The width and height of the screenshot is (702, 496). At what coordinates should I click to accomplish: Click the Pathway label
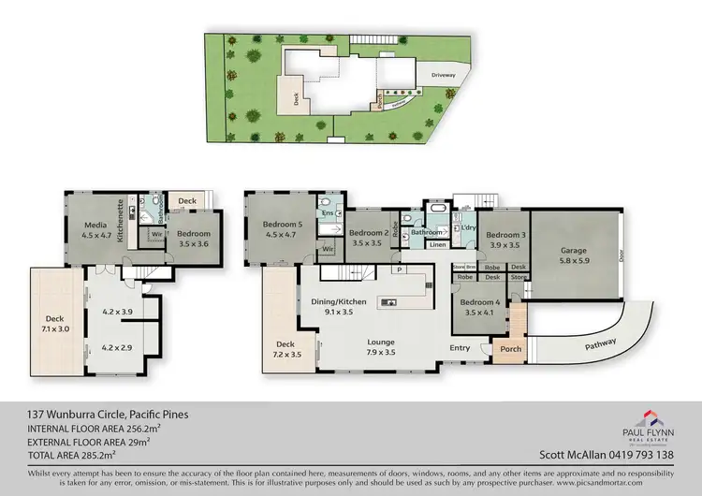tap(601, 345)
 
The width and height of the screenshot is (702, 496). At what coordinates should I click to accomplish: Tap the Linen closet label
tap(437, 245)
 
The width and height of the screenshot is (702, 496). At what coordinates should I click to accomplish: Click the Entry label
tap(461, 348)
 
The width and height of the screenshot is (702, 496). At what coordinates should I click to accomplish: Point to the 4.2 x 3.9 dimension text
tap(119, 312)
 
